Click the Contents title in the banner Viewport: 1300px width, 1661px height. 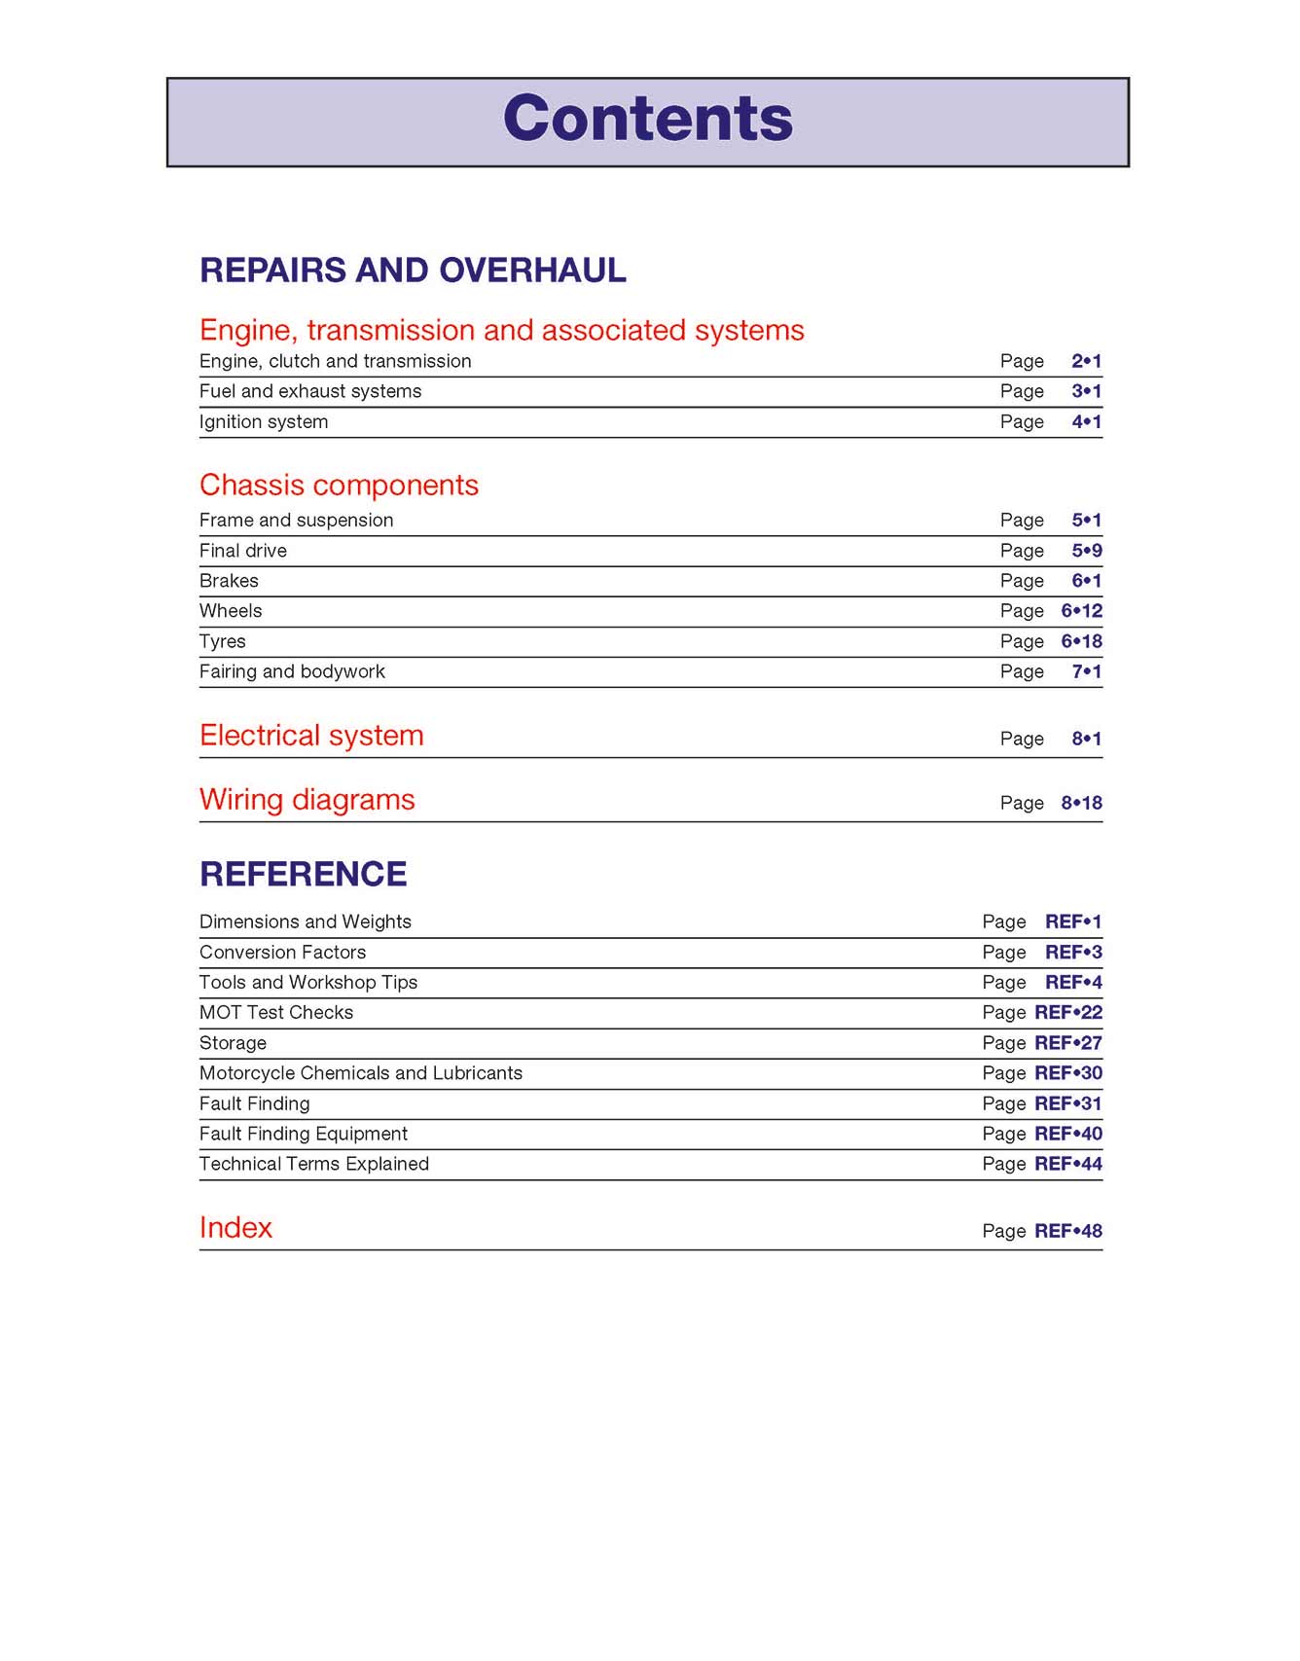click(x=648, y=119)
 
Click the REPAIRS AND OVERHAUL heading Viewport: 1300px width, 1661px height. click(x=413, y=270)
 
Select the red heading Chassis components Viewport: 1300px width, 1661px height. click(x=339, y=485)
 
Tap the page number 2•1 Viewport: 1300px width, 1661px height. click(x=1086, y=361)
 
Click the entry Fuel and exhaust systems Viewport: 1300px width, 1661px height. click(x=310, y=391)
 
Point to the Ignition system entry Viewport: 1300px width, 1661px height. click(x=264, y=421)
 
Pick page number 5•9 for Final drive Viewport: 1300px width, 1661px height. click(x=1086, y=551)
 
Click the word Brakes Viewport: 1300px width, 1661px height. click(x=229, y=581)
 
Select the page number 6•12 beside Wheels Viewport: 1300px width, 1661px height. click(x=1081, y=611)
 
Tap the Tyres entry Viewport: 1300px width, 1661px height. click(x=223, y=641)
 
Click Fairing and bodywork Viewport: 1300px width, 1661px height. click(x=292, y=671)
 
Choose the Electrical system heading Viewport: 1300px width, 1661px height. click(x=311, y=736)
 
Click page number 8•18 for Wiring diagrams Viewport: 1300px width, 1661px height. click(x=1081, y=803)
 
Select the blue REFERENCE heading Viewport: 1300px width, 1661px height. click(x=303, y=874)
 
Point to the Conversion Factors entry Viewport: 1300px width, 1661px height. click(x=282, y=952)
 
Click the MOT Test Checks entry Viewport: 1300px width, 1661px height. click(x=276, y=1012)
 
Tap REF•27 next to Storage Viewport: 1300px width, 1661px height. click(x=1067, y=1043)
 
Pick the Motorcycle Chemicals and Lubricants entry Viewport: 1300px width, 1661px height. click(x=360, y=1073)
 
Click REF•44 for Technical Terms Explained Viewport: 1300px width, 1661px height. click(x=1067, y=1164)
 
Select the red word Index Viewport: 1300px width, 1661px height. click(x=235, y=1228)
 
